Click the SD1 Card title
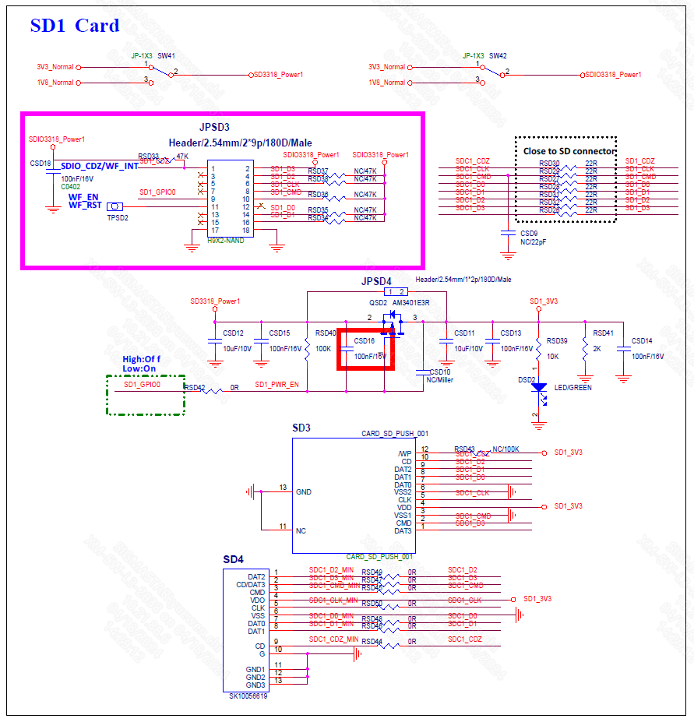tap(75, 26)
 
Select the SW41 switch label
tap(166, 56)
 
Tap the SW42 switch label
tap(498, 56)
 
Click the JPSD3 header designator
tap(215, 127)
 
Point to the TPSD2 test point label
tap(117, 218)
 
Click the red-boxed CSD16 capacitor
tap(365, 348)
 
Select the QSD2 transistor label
tap(378, 302)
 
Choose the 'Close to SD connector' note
tap(569, 150)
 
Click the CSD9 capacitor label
tap(529, 233)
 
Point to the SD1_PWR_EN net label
tap(277, 385)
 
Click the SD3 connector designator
tap(301, 428)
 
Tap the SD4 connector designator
tap(233, 559)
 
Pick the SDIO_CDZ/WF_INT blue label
tap(100, 166)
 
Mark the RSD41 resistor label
tap(603, 333)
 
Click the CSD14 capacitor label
tap(642, 340)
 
